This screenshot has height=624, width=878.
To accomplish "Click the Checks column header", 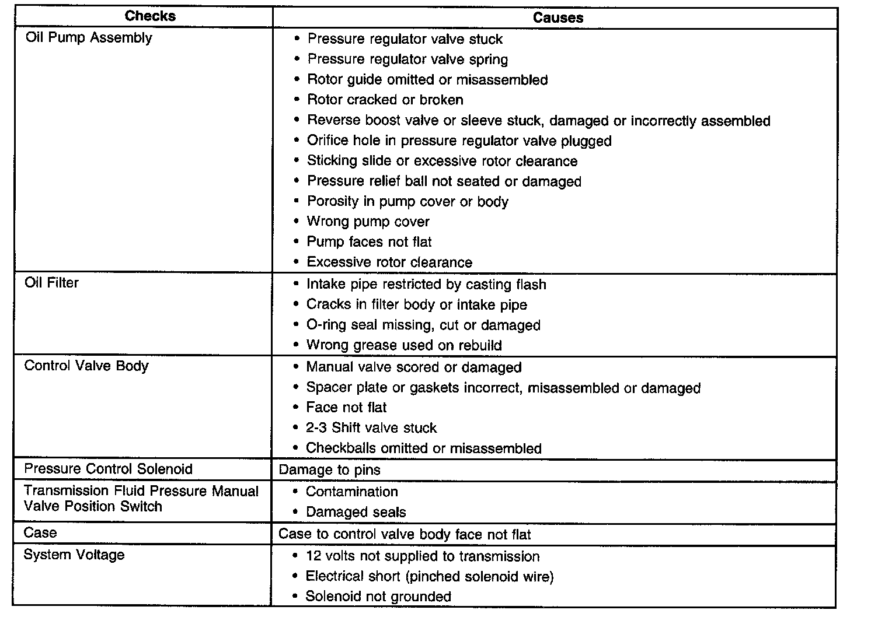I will (150, 16).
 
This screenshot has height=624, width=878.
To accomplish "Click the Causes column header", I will (558, 18).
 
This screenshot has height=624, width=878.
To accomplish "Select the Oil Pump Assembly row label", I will (89, 38).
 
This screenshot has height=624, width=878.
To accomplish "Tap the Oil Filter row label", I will (51, 283).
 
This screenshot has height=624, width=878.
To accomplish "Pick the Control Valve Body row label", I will (86, 366).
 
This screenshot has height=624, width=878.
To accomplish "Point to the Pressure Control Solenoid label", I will (108, 469).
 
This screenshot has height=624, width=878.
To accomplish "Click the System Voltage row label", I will (74, 555).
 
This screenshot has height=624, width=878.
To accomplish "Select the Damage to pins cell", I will (329, 470).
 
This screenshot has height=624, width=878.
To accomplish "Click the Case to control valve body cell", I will (405, 534).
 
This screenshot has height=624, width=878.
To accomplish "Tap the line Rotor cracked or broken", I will (385, 100).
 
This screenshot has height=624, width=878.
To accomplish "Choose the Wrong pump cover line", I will (368, 222).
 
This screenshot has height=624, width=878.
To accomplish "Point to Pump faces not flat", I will (369, 242).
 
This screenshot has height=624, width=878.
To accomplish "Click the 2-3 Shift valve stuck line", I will (371, 428).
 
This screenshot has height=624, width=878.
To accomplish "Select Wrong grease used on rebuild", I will (403, 345).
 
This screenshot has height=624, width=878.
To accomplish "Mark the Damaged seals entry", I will (356, 513).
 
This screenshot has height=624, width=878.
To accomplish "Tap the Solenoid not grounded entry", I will (378, 597).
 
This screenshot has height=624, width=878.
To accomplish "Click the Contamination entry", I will (351, 492).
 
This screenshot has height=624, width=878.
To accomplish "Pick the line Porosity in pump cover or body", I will (407, 202).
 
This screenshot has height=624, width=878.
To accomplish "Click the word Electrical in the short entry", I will (330, 577).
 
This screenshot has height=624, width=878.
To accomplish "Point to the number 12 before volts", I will (312, 556).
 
